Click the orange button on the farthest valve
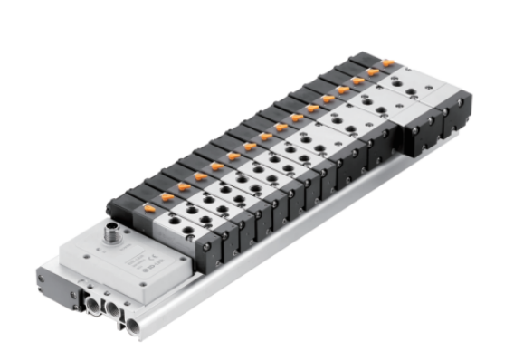click(387, 62)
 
